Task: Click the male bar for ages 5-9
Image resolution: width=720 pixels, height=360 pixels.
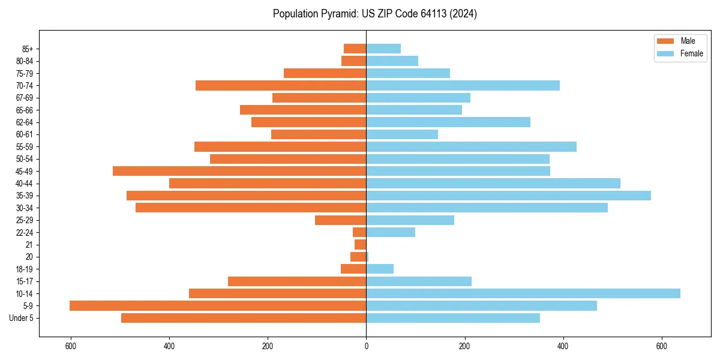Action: click(218, 306)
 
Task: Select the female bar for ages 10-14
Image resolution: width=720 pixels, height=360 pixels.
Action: click(523, 293)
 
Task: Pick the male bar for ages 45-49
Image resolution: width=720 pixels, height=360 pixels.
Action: click(239, 171)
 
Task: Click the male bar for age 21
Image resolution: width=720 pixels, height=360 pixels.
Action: click(360, 245)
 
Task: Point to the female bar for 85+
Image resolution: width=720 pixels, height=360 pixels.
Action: click(383, 49)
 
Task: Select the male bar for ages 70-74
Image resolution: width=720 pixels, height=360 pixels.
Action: click(281, 86)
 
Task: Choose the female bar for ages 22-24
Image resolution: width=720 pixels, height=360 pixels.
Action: click(391, 232)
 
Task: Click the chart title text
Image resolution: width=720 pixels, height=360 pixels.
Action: click(374, 14)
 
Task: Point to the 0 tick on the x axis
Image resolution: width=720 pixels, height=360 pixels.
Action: click(366, 346)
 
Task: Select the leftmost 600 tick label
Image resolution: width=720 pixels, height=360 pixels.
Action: click(71, 346)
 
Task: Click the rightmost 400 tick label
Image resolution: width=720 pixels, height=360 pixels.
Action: click(563, 346)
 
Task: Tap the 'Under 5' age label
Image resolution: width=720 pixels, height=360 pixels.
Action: click(21, 318)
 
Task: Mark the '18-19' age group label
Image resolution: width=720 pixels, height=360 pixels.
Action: click(25, 269)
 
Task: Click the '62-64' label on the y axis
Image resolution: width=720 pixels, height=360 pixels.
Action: click(25, 122)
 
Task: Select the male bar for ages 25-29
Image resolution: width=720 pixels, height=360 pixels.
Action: click(340, 220)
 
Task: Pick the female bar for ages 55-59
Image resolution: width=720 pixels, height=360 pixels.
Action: click(471, 147)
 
